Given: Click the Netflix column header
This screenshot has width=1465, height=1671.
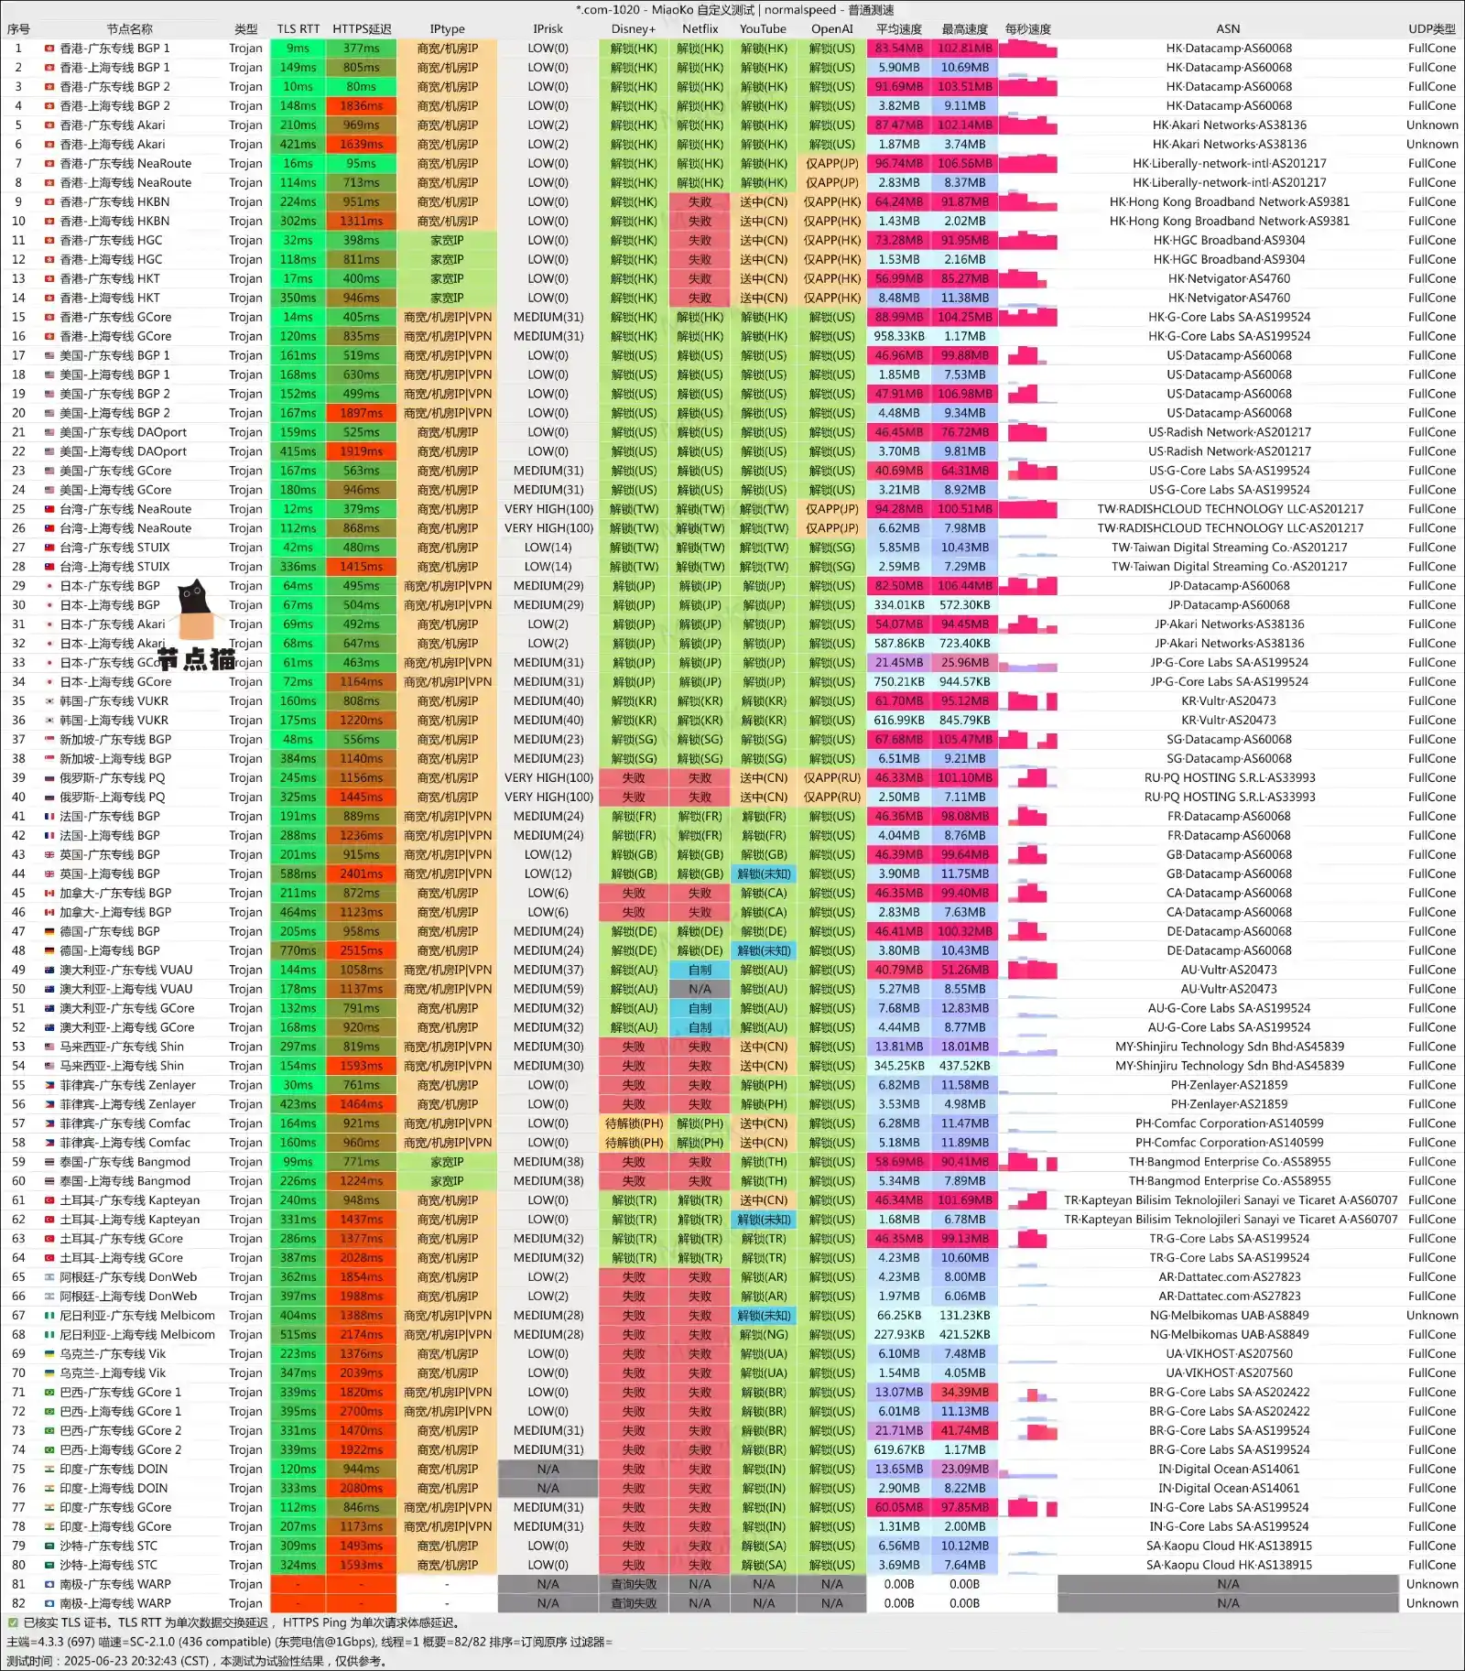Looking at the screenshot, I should pos(700,29).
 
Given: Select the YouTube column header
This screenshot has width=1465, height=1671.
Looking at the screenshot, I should pos(763,29).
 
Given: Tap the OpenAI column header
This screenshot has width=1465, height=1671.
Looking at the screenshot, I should pos(831,29).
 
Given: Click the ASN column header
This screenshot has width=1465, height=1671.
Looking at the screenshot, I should pos(1228,29).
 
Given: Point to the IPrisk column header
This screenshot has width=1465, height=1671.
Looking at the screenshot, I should pos(548,29).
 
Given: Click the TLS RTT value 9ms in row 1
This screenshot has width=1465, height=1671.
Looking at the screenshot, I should pos(298,49).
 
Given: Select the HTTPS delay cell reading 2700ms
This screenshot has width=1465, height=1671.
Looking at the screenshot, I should pos(362,1412).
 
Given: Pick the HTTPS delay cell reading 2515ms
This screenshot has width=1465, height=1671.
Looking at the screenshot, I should pos(362,951).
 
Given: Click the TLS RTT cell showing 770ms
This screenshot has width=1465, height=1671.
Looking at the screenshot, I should pos(298,951).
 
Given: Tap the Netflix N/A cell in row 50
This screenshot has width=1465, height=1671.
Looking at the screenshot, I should pos(700,990).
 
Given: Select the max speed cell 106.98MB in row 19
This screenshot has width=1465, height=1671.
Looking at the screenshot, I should pos(964,395).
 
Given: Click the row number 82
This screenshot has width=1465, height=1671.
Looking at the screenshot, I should pos(18,1603).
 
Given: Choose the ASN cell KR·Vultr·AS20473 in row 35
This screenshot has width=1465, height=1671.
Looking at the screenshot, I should pos(1228,701).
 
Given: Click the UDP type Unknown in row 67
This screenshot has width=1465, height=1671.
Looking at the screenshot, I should pos(1431,1316).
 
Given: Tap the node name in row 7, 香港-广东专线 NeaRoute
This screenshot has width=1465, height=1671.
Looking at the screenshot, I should pos(125,164).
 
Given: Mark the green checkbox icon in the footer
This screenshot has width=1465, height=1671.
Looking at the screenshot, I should pos(13,1622).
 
